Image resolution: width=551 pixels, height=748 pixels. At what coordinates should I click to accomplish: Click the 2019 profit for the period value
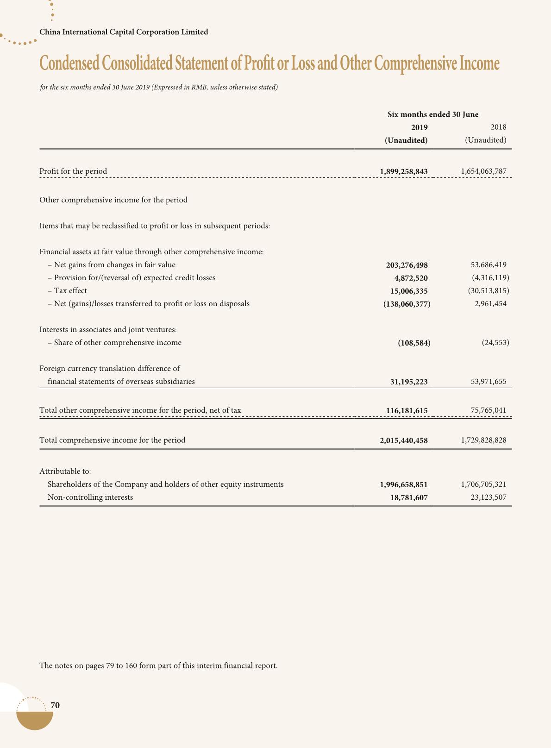tap(403, 171)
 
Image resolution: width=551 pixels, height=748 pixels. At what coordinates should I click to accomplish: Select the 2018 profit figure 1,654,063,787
tap(483, 171)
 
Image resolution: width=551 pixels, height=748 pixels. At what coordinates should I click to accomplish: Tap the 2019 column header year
tap(420, 127)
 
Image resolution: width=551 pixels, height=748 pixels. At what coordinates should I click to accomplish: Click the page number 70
tap(55, 705)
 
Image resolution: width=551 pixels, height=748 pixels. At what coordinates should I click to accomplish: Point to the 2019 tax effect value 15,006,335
tap(409, 291)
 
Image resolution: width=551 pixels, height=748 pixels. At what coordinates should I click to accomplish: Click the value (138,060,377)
tap(407, 304)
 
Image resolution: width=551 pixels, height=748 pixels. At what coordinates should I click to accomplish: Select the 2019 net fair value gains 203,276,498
tap(407, 265)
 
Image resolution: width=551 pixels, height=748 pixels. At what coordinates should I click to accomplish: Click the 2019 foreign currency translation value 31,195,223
tap(409, 382)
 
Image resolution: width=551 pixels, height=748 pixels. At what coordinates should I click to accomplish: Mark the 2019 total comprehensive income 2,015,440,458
tap(403, 440)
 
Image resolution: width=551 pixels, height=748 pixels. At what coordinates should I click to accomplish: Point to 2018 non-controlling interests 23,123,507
tap(486, 497)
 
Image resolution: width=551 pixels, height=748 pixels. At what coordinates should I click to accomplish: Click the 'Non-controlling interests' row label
tap(90, 497)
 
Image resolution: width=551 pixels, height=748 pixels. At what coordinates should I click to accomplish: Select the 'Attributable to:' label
tap(65, 471)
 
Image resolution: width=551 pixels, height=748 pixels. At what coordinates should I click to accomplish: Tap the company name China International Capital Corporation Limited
tap(124, 32)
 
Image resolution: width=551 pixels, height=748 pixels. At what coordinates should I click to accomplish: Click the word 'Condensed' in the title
tap(69, 63)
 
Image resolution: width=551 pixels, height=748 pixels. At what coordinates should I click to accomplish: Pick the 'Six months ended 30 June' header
tap(433, 114)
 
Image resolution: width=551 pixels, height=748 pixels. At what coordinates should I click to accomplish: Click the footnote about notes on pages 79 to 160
tap(158, 666)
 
